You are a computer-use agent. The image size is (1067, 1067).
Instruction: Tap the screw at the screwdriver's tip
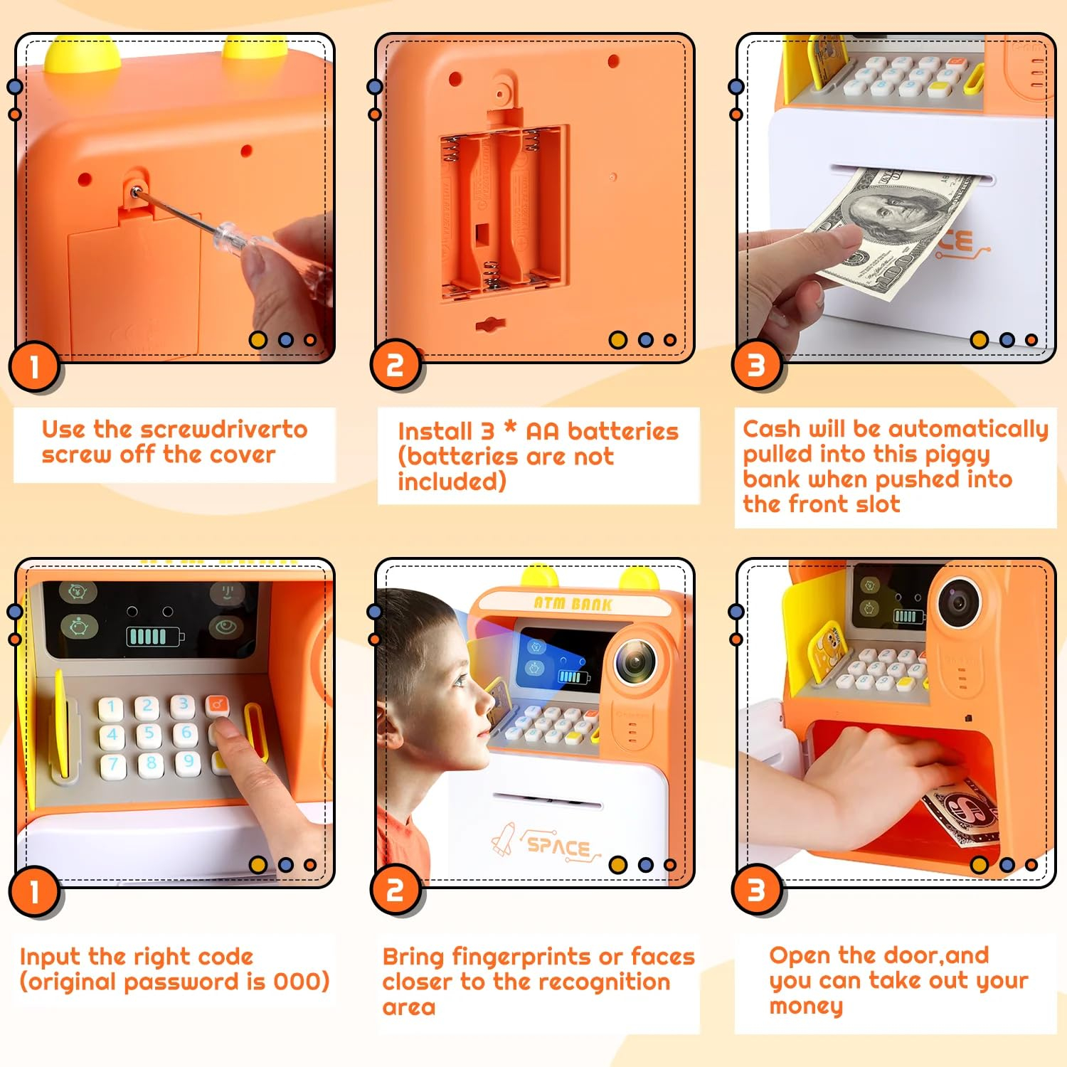135,190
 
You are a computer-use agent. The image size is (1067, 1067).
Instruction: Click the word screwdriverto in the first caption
223,429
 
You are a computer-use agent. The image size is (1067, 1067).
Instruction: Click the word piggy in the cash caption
951,455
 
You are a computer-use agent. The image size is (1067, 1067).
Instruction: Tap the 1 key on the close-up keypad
110,707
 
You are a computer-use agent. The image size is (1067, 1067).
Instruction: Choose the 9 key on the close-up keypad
188,761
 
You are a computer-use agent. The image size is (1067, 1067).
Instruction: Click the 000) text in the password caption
302,982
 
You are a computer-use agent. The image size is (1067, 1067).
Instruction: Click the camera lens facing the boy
635,662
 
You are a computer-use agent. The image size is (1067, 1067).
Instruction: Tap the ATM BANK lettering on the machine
573,604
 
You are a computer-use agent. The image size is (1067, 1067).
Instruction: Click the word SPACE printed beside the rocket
558,846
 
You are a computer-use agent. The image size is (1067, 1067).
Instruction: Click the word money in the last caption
806,1007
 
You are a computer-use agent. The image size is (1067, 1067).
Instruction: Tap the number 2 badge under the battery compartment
396,366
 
